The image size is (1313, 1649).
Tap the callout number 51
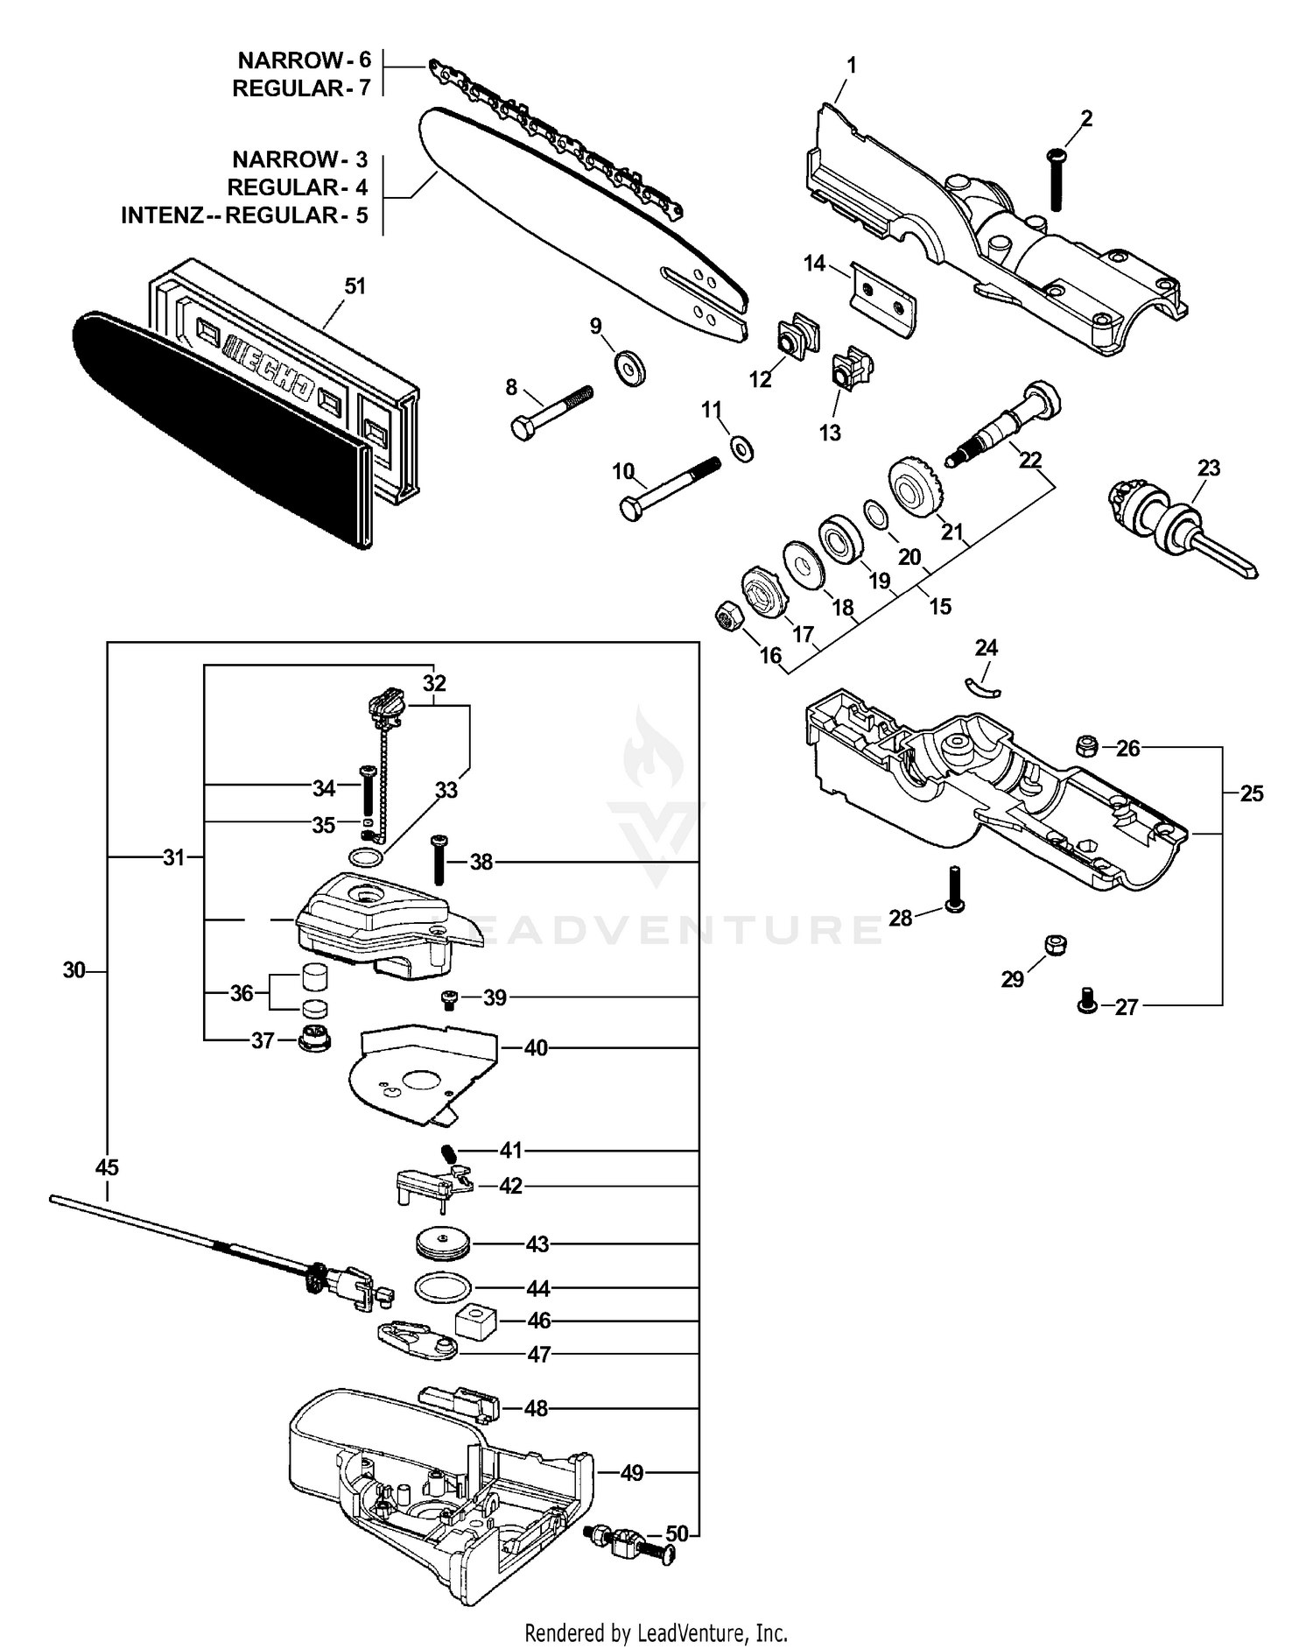tap(355, 286)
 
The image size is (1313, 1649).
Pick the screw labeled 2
tap(1057, 180)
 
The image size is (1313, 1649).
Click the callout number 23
tap(1209, 469)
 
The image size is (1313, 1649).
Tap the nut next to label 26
tap(1086, 746)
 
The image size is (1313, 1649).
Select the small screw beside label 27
tap(1086, 999)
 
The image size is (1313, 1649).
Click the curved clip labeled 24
tap(982, 686)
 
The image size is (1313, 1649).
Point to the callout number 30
tap(74, 970)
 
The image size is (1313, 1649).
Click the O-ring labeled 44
tap(442, 1287)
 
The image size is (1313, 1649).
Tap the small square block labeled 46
tap(476, 1321)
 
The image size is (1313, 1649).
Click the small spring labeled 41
tap(448, 1154)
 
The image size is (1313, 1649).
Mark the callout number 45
tap(107, 1167)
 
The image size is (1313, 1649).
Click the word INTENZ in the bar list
tap(162, 215)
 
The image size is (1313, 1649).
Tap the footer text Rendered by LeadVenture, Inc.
tap(656, 1632)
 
